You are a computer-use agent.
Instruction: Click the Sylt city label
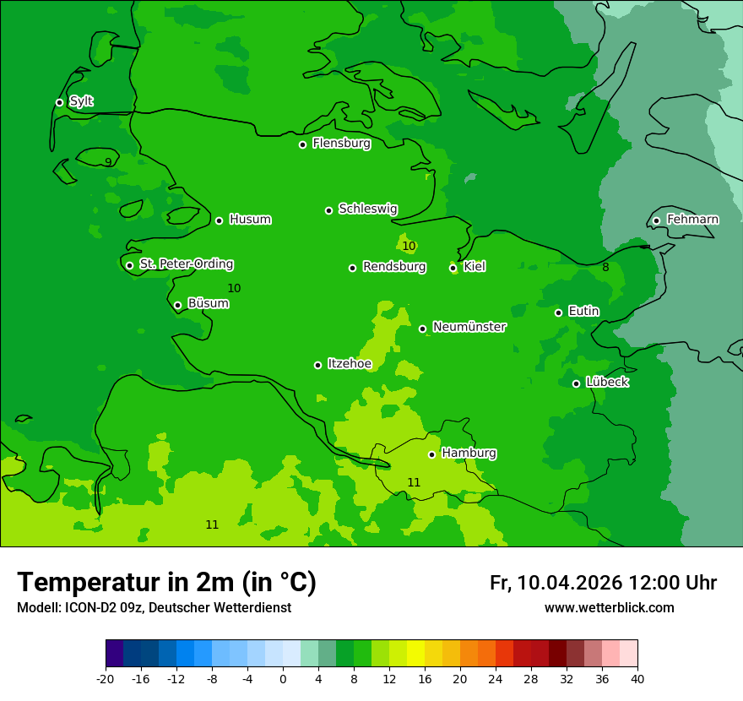[x=81, y=101]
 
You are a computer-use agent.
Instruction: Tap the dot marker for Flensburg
[x=302, y=144]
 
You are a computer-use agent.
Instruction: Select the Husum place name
[x=250, y=220]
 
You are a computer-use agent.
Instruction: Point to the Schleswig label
[x=367, y=209]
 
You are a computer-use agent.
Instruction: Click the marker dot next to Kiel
[x=453, y=268]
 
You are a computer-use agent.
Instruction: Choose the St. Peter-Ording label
[x=186, y=264]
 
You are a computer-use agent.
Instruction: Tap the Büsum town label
[x=208, y=303]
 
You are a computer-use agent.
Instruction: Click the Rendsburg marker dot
[x=352, y=268]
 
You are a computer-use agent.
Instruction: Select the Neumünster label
[x=469, y=327]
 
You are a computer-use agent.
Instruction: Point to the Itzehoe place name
[x=350, y=364]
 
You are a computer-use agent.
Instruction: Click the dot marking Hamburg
[x=431, y=454]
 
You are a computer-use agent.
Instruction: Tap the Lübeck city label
[x=607, y=382]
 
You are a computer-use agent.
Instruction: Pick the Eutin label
[x=583, y=312]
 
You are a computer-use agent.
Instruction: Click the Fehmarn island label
[x=692, y=220]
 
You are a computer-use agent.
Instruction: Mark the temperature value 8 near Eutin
[x=605, y=268]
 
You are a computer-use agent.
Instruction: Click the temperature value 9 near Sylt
[x=108, y=162]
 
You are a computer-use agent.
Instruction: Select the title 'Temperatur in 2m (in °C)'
[x=166, y=582]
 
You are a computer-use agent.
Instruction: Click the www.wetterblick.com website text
[x=609, y=608]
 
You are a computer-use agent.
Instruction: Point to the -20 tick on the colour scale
[x=106, y=679]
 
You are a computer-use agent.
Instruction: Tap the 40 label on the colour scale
[x=637, y=679]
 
